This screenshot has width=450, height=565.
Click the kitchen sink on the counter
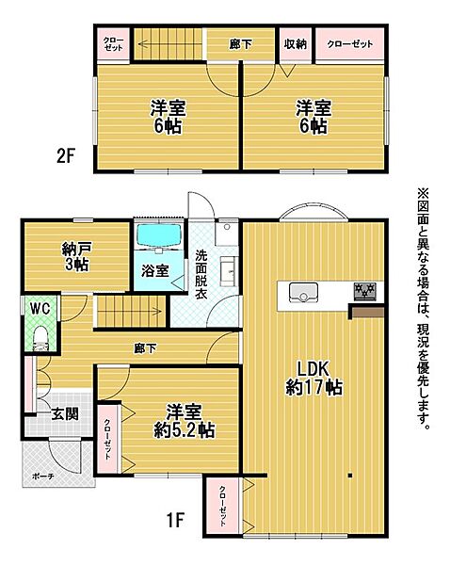click(x=301, y=291)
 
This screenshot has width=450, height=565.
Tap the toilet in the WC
click(x=40, y=336)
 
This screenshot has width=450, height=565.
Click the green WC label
click(x=39, y=308)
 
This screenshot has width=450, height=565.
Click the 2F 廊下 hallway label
click(x=241, y=44)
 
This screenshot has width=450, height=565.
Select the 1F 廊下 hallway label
click(x=145, y=347)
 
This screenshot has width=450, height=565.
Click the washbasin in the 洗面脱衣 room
click(x=229, y=273)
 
